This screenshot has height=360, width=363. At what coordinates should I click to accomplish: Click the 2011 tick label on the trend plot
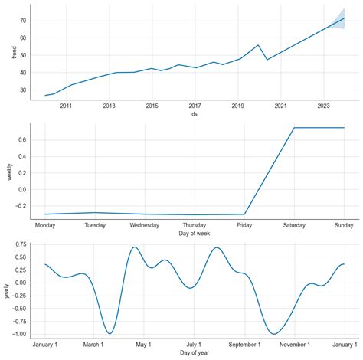pyautogui.click(x=66, y=106)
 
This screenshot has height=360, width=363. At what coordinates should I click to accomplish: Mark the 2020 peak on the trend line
pyautogui.click(x=258, y=45)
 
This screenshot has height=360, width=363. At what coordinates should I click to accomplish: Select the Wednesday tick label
pyautogui.click(x=145, y=225)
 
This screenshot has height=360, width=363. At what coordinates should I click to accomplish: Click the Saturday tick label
pyautogui.click(x=295, y=225)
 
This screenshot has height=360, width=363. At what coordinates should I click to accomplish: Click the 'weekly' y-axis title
pyautogui.click(x=8, y=172)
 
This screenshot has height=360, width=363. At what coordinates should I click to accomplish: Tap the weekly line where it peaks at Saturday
pyautogui.click(x=295, y=128)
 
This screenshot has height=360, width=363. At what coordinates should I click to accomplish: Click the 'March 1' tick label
pyautogui.click(x=94, y=344)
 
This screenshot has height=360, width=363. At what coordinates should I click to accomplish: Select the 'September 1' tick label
pyautogui.click(x=244, y=344)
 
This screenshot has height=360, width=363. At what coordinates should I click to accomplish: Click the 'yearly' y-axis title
pyautogui.click(x=6, y=290)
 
